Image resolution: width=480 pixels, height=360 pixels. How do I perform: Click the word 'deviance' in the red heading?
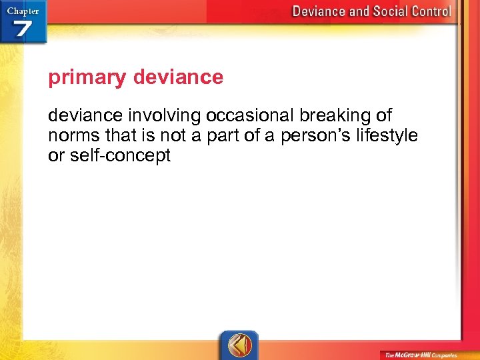click(x=178, y=78)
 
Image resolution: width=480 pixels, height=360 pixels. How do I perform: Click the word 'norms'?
click(x=72, y=137)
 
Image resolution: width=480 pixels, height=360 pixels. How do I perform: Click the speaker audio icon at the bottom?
click(x=239, y=346)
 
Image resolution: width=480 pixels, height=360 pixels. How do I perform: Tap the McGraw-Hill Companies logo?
click(x=421, y=355)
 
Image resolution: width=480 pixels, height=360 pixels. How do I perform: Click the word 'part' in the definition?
click(x=220, y=137)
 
